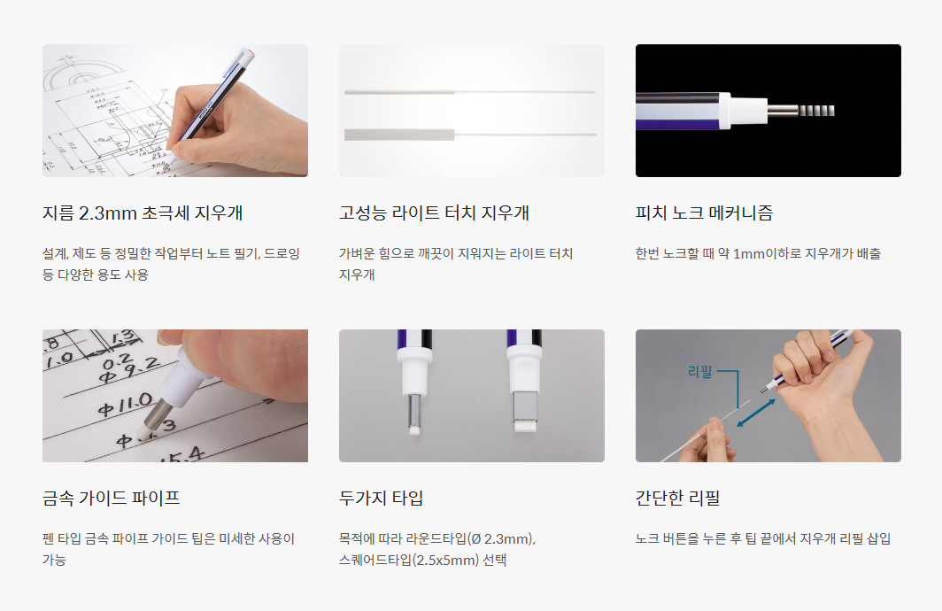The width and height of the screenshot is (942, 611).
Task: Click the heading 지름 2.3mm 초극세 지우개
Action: point(143,213)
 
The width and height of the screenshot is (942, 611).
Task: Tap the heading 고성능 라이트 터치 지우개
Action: point(434,213)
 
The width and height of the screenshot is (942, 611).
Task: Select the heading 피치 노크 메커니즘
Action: point(704,213)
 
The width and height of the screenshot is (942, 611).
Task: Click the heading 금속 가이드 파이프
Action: point(112,498)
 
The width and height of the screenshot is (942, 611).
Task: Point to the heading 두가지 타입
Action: point(382,498)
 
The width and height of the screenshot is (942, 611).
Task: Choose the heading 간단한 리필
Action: point(677,498)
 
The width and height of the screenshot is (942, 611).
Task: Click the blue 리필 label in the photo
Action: point(700,372)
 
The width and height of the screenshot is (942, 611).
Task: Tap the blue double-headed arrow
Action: point(756,414)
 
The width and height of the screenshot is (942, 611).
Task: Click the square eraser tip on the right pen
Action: point(528,425)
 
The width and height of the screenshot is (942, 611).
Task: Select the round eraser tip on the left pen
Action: point(414,429)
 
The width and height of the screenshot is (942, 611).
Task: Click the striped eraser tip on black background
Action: point(817,111)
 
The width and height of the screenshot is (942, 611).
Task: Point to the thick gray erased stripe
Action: point(399,135)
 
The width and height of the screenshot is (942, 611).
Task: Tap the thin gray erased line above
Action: point(399,92)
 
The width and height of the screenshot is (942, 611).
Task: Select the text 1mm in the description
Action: point(748,253)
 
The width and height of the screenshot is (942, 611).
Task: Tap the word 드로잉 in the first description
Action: point(282,253)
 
